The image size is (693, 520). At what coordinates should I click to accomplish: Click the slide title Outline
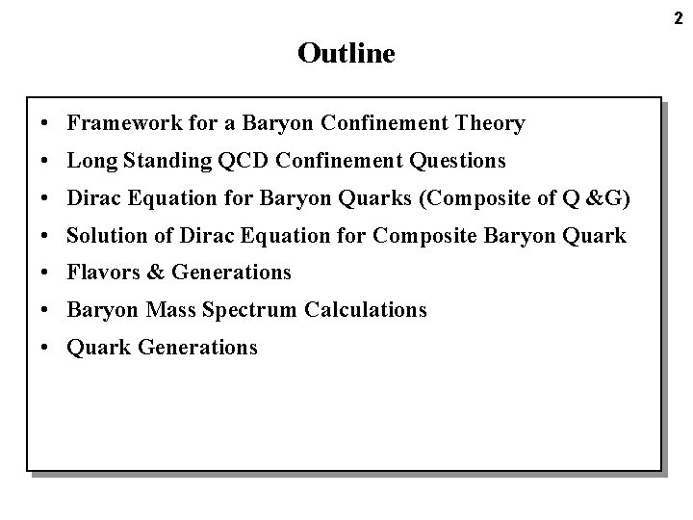tap(346, 53)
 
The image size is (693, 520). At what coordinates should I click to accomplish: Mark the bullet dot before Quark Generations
tap(46, 348)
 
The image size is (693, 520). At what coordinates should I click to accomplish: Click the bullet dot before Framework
tap(46, 123)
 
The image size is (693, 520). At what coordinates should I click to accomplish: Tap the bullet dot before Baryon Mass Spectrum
tap(46, 310)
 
